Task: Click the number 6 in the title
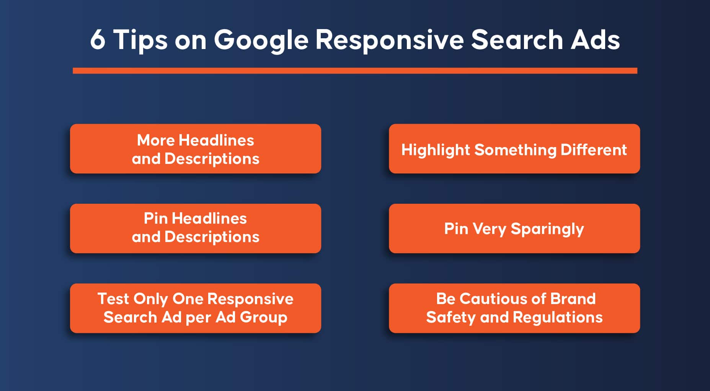(x=98, y=39)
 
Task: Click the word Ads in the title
(x=595, y=39)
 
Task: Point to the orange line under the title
(x=355, y=71)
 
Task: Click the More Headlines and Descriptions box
(x=196, y=149)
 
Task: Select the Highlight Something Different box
(x=514, y=149)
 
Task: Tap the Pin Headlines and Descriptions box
(x=196, y=228)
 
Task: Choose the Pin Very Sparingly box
(x=514, y=228)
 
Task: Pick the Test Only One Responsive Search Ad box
(x=196, y=308)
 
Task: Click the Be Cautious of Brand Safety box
(x=514, y=308)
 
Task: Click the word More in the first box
(x=156, y=140)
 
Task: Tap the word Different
(x=594, y=150)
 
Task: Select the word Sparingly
(x=547, y=229)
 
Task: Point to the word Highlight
(x=436, y=150)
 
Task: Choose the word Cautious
(x=484, y=299)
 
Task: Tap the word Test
(x=113, y=299)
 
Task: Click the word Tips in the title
(x=140, y=41)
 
